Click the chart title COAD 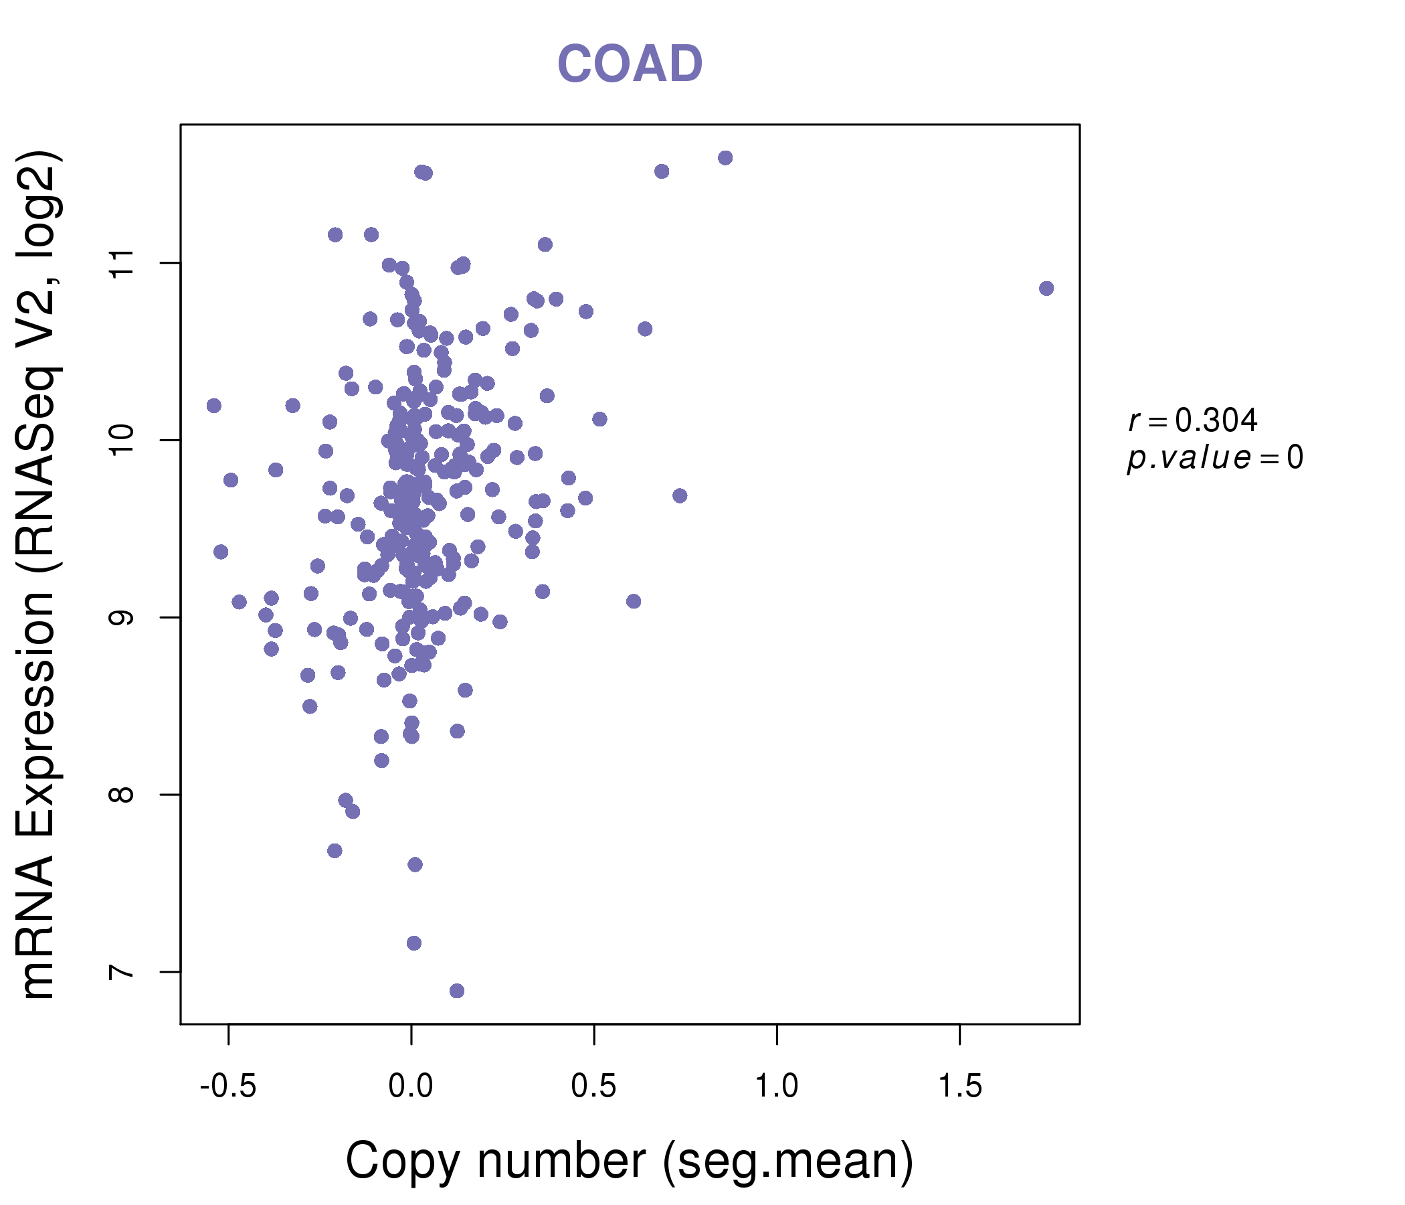(630, 64)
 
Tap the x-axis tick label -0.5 (228, 1087)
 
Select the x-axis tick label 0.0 (411, 1087)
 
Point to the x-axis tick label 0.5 (593, 1087)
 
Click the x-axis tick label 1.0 (776, 1087)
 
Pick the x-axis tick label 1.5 (959, 1087)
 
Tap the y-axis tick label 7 (122, 971)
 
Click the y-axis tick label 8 (122, 795)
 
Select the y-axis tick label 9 (122, 617)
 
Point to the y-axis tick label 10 (122, 440)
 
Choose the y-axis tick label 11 (122, 263)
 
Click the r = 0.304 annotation (1193, 420)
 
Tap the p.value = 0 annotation (1214, 458)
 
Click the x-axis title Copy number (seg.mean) (630, 1161)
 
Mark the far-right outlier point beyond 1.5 (1046, 289)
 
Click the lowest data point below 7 (457, 991)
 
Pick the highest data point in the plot (725, 158)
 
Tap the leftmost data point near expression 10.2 (213, 406)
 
